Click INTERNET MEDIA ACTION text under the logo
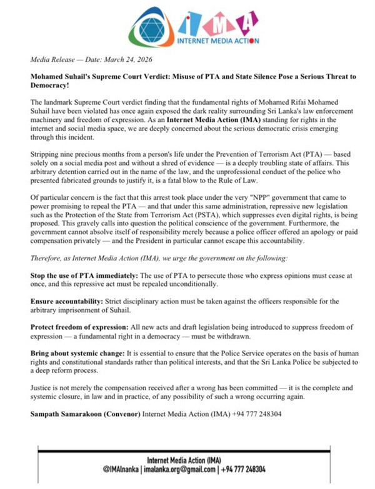(214, 41)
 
